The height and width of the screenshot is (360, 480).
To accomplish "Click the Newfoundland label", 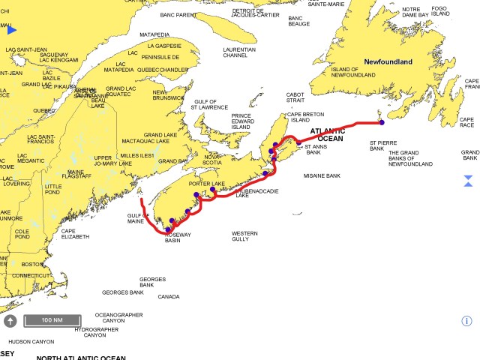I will [x=388, y=61].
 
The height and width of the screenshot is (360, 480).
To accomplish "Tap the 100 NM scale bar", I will [x=52, y=320].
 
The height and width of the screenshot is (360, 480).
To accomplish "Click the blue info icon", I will [x=466, y=321].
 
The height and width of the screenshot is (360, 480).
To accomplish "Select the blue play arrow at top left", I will [x=12, y=30].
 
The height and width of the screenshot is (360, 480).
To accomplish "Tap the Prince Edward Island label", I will [x=241, y=121].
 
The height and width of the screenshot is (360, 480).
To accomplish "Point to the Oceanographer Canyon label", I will [x=118, y=317].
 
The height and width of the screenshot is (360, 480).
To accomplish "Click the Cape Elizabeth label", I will [x=74, y=233].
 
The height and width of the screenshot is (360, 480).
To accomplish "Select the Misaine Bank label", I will [x=322, y=175].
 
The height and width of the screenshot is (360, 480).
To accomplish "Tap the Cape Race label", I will [x=466, y=122].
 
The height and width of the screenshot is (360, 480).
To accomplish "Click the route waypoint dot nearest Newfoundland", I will [x=381, y=122].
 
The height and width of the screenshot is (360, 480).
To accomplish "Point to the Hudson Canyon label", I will [x=31, y=341].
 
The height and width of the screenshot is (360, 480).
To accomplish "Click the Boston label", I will [x=32, y=264].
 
